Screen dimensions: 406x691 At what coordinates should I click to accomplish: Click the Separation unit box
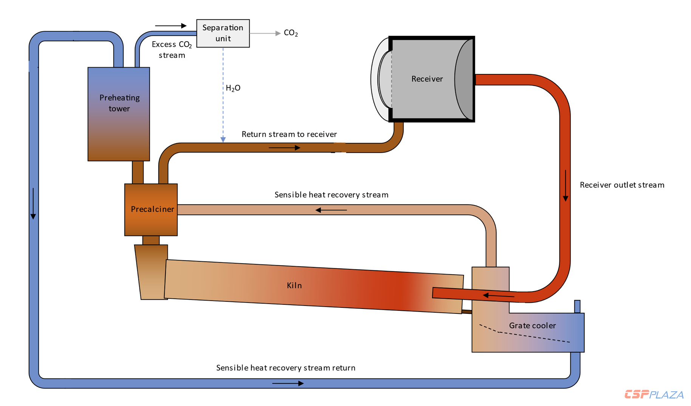tap(223, 33)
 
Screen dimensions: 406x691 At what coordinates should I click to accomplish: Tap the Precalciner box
tap(151, 209)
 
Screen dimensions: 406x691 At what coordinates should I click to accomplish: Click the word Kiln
tap(294, 286)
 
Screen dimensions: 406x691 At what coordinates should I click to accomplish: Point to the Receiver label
tap(427, 79)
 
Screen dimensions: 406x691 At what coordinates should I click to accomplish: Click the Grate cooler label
tap(532, 326)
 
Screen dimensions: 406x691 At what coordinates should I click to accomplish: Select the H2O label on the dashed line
tap(233, 88)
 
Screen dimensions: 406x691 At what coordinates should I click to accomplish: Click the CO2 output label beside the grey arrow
tap(291, 33)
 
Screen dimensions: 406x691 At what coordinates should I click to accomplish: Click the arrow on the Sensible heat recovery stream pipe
tap(331, 210)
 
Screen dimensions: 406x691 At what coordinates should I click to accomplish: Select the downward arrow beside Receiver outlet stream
tap(566, 185)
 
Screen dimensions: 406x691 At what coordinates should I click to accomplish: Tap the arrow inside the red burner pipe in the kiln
tap(498, 296)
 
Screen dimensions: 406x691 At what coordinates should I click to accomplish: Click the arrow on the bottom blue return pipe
tap(288, 383)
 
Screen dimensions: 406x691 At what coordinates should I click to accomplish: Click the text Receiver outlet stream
tap(622, 185)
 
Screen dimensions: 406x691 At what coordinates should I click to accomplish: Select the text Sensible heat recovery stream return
tap(286, 368)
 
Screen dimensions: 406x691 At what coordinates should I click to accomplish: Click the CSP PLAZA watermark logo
tap(654, 395)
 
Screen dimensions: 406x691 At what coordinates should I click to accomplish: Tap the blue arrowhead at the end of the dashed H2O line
tap(223, 140)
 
